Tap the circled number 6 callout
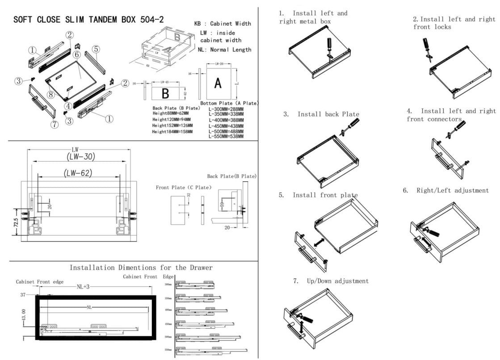pyautogui.click(x=76, y=54)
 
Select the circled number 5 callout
pyautogui.click(x=96, y=49)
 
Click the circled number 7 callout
pyautogui.click(x=55, y=125)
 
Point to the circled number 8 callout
pyautogui.click(x=51, y=94)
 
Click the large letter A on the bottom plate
pyautogui.click(x=218, y=83)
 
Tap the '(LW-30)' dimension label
pyautogui.click(x=80, y=156)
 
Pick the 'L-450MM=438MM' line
pyautogui.click(x=226, y=126)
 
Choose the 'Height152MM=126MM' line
pyautogui.click(x=172, y=126)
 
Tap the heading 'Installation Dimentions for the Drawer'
pyautogui.click(x=141, y=268)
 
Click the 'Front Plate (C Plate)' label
pyautogui.click(x=183, y=187)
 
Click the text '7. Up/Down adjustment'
pyautogui.click(x=331, y=281)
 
